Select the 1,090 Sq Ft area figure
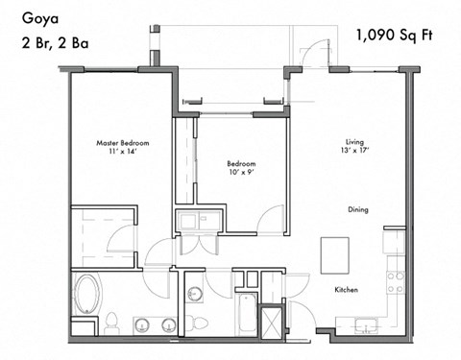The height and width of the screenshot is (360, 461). point(394,36)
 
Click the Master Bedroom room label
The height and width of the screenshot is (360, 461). point(122,143)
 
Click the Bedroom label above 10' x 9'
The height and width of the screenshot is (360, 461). point(241,163)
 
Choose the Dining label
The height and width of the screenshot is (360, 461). point(358,209)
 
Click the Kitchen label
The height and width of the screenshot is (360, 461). point(346,289)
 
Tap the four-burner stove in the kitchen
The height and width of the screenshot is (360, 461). point(394,280)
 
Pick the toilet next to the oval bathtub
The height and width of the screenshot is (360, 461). point(111,322)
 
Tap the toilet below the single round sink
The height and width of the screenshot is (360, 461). point(195,321)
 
